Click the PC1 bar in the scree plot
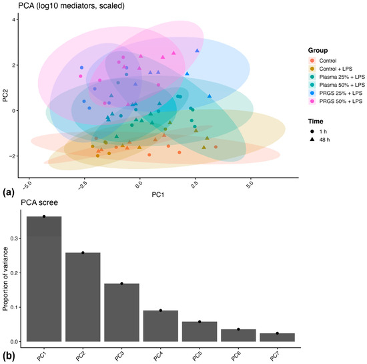[44, 279]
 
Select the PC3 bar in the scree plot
[121, 313]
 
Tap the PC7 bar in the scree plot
[277, 337]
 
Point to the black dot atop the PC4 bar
[161, 311]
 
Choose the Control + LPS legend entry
[332, 69]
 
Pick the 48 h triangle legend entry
[320, 140]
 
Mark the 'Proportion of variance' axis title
[5, 279]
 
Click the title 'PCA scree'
[39, 202]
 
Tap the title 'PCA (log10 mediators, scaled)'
[71, 5]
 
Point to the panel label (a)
[9, 193]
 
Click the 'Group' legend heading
[318, 50]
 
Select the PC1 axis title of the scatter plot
[158, 194]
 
